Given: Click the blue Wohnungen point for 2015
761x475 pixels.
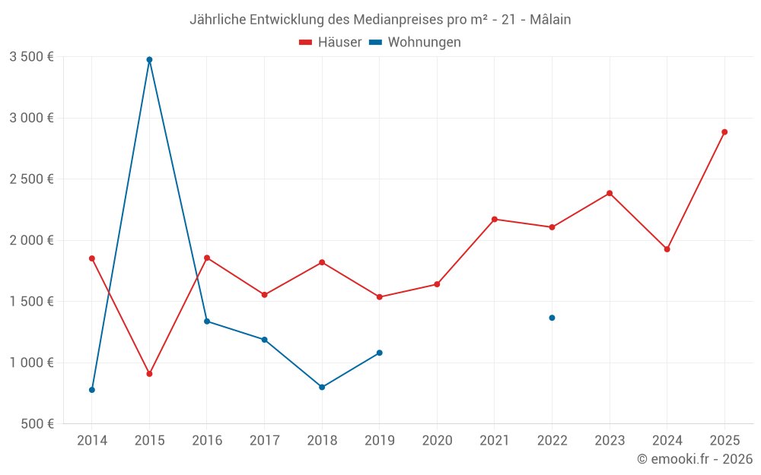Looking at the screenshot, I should point(149,59).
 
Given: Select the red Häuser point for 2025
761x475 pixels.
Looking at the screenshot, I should point(724,132).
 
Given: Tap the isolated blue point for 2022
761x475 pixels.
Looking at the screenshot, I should point(552,318).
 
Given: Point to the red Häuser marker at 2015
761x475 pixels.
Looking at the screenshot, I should point(149,374).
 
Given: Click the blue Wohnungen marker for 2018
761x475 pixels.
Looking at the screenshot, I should point(322,388).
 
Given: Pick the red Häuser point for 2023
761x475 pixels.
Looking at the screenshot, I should point(610,193).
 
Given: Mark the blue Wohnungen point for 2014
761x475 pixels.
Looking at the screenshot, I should point(92,390).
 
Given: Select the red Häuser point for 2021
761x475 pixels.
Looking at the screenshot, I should point(495,220).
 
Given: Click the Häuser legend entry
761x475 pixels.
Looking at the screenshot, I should point(330,43).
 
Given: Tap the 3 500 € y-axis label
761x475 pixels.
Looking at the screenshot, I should point(31,57).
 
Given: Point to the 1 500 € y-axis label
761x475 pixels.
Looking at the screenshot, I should point(31,302).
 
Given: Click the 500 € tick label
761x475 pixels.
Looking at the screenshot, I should point(36,424).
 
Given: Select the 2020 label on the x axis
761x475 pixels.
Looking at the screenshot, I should point(437,441).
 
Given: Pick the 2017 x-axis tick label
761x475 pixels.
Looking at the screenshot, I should point(264,441).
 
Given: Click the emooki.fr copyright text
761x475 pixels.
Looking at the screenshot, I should point(695,459).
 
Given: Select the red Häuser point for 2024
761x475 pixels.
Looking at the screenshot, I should point(667,249).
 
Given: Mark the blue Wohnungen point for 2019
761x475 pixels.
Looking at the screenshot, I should point(379,353).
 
